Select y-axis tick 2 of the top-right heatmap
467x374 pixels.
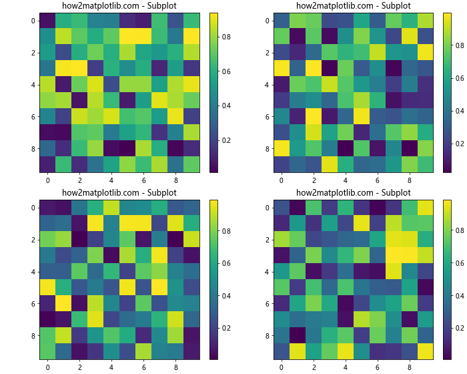[265, 52]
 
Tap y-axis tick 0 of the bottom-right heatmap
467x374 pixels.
[265, 208]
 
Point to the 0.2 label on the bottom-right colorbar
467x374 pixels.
[460, 329]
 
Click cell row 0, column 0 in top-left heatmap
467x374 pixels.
[48, 20]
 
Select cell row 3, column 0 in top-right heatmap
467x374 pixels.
[282, 68]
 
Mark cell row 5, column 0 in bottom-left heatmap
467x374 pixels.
[48, 287]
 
